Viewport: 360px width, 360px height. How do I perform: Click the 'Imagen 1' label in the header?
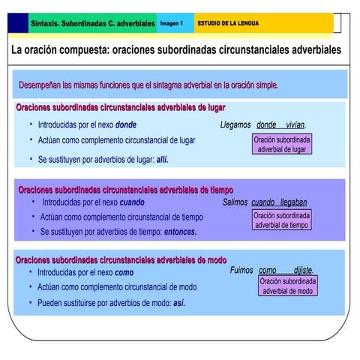[172, 24]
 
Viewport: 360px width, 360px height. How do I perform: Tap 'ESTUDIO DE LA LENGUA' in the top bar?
[228, 24]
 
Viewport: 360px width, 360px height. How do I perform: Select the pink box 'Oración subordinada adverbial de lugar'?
[282, 145]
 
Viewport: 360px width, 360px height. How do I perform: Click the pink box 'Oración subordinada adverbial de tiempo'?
[282, 220]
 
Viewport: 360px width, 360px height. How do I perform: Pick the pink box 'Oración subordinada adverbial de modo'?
[288, 286]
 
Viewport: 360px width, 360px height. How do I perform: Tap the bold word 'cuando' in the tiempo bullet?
[132, 202]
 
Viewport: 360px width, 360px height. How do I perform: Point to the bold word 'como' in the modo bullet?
[124, 273]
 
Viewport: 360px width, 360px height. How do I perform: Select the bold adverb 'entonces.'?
[181, 232]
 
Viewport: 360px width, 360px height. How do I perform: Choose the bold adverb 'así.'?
[179, 303]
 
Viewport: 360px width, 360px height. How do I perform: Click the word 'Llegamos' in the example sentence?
[235, 124]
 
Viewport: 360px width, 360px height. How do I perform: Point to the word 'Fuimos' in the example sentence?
[241, 270]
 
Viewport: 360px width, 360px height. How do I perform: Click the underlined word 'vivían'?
[295, 124]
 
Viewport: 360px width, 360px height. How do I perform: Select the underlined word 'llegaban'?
[293, 202]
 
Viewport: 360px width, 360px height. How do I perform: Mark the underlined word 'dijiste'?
[302, 270]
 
